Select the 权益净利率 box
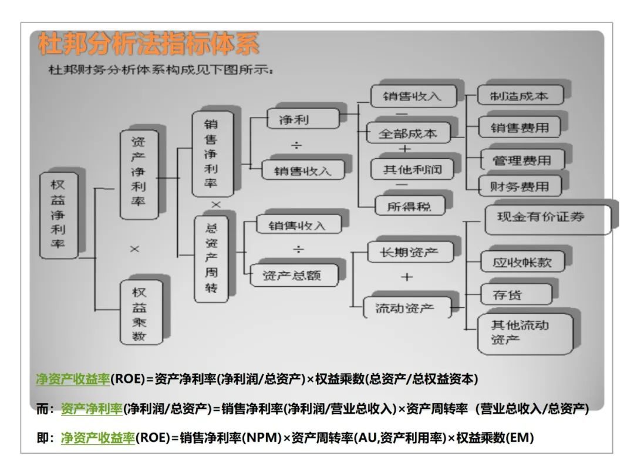(58, 214)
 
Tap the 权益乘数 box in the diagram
(140, 314)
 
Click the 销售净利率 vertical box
(211, 154)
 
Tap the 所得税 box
(409, 206)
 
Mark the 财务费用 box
(520, 187)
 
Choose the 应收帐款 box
(522, 263)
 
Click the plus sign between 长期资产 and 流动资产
(407, 277)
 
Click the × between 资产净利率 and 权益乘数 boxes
(134, 249)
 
